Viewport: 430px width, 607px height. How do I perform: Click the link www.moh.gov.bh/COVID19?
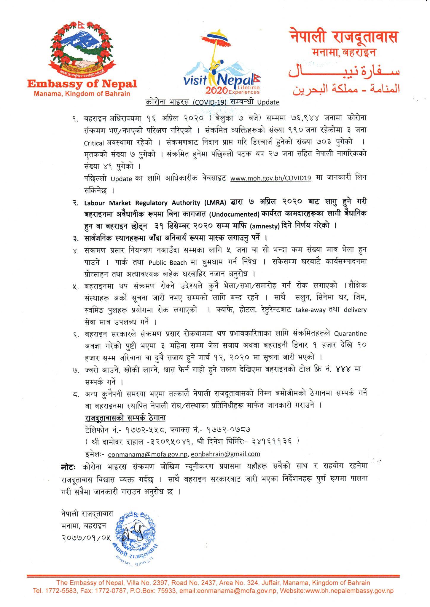pyautogui.click(x=270, y=178)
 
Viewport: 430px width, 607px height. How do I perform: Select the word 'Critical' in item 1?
pyautogui.click(x=94, y=143)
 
